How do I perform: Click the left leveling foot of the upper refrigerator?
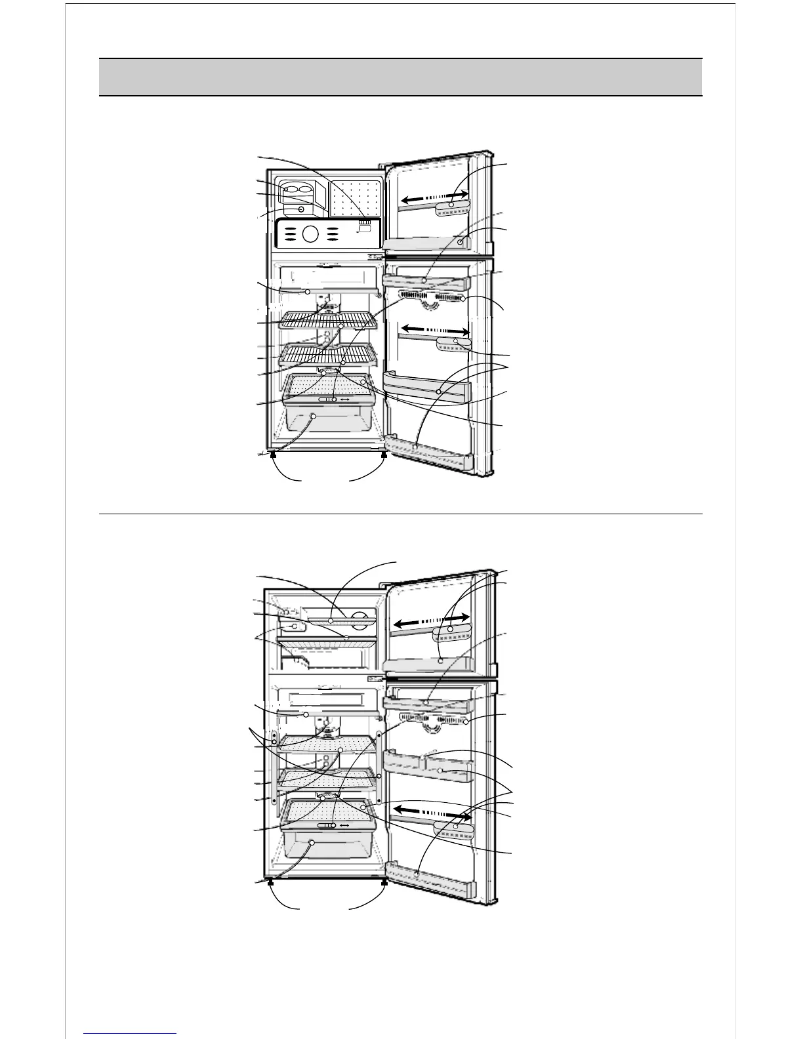click(274, 453)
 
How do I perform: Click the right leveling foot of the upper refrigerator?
click(384, 453)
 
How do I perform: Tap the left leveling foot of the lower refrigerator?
click(271, 881)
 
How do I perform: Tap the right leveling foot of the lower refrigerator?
click(383, 881)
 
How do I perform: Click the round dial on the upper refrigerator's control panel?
click(311, 234)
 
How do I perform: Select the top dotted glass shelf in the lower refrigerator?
click(328, 744)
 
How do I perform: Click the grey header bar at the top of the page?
click(400, 77)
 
